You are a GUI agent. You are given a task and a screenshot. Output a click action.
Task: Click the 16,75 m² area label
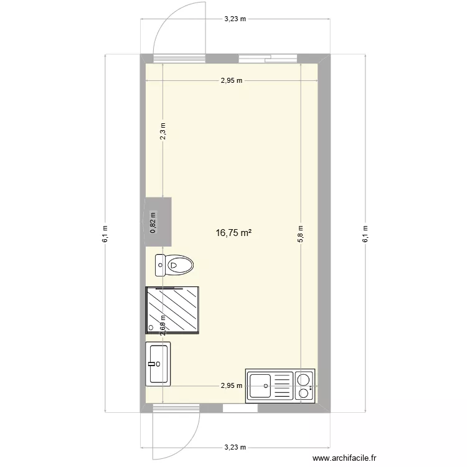click(x=233, y=233)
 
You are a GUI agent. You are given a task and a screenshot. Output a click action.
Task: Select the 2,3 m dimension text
click(x=163, y=133)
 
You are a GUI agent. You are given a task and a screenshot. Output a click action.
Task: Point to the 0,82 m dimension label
click(x=154, y=222)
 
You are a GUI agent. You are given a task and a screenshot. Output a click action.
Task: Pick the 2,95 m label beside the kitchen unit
click(x=232, y=385)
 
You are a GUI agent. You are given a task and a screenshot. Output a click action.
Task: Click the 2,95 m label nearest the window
click(x=232, y=80)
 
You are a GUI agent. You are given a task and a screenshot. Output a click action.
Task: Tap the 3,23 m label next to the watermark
click(x=235, y=447)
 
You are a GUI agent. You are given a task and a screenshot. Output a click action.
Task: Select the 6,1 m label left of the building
click(x=105, y=233)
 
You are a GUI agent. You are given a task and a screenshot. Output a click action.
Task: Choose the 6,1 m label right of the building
click(x=365, y=233)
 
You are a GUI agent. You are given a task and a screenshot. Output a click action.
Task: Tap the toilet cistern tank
click(x=161, y=265)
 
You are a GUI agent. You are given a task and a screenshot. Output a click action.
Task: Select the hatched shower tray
click(x=172, y=310)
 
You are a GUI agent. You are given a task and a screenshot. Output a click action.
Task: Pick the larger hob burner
click(x=304, y=379)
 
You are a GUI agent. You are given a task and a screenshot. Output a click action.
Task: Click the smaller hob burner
click(x=304, y=393)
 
